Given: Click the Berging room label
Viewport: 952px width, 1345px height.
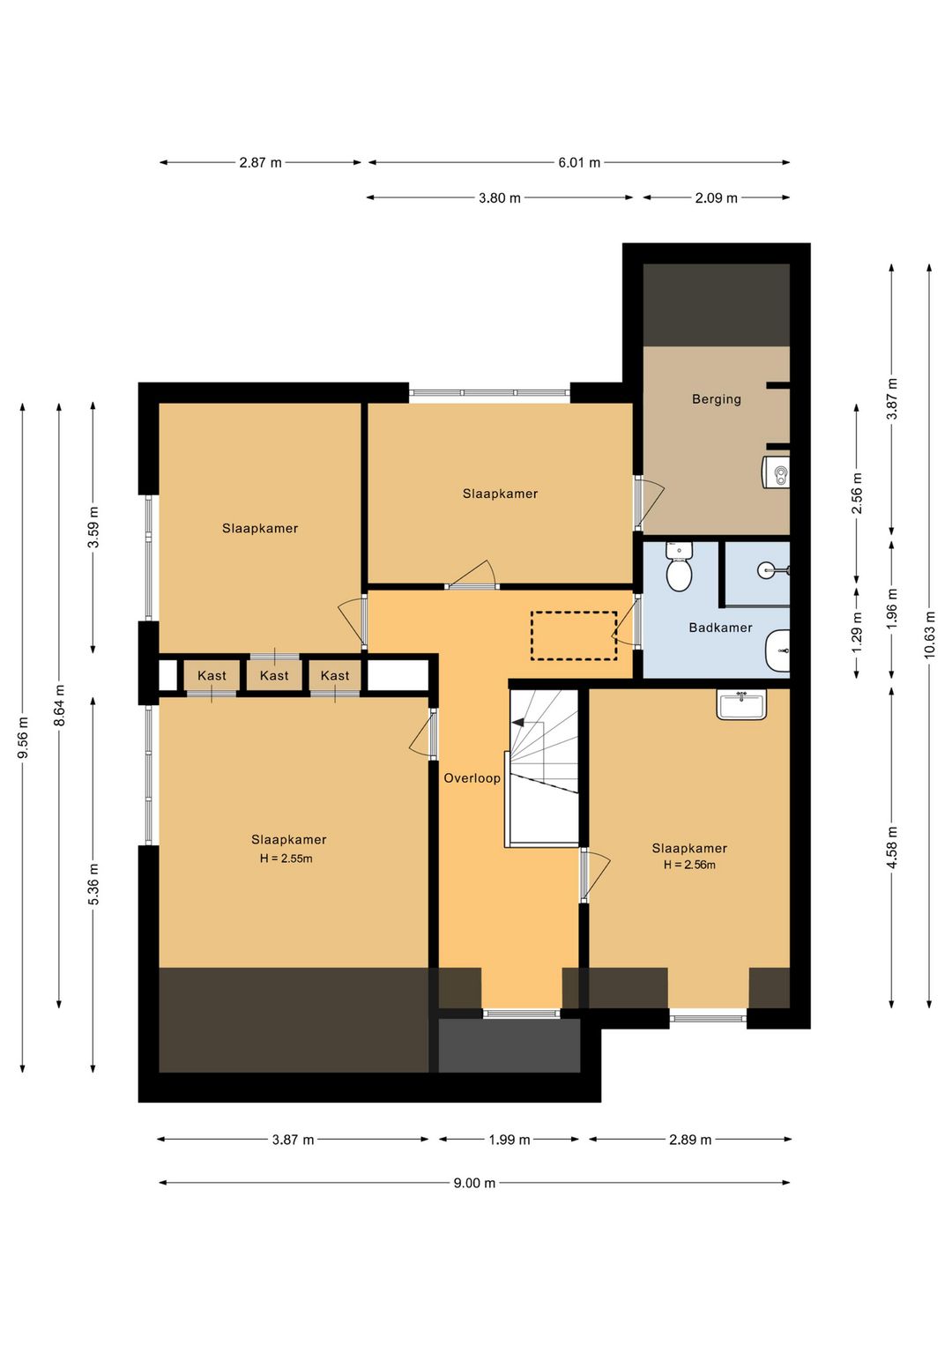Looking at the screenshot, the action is [x=716, y=398].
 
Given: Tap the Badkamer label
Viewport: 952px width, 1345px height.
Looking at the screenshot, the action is [x=720, y=628].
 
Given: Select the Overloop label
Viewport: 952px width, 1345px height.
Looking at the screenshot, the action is [x=472, y=778].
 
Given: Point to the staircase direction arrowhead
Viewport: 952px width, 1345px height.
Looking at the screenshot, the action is [x=517, y=723].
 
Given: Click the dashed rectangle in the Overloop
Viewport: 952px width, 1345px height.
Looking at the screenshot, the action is [x=574, y=635].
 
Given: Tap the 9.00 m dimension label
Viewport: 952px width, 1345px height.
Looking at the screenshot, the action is [x=474, y=1183].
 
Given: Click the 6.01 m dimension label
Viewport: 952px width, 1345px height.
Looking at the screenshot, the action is [x=579, y=163].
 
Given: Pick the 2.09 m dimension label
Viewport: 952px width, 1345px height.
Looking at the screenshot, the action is [x=716, y=198].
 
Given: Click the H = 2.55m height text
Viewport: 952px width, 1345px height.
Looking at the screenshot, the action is [x=286, y=858].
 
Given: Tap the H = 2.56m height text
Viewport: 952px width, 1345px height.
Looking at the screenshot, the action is [x=689, y=866].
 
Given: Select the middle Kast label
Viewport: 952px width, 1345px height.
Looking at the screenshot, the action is [x=274, y=675].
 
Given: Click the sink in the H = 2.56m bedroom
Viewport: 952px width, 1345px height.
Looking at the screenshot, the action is [x=741, y=703].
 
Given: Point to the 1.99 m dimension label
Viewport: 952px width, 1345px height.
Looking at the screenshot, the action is [x=509, y=1140].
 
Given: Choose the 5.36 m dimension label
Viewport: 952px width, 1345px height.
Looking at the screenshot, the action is [x=93, y=884].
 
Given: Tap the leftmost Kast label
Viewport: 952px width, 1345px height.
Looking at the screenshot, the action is [x=212, y=675].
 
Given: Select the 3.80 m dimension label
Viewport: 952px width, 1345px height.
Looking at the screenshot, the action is [x=500, y=198].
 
